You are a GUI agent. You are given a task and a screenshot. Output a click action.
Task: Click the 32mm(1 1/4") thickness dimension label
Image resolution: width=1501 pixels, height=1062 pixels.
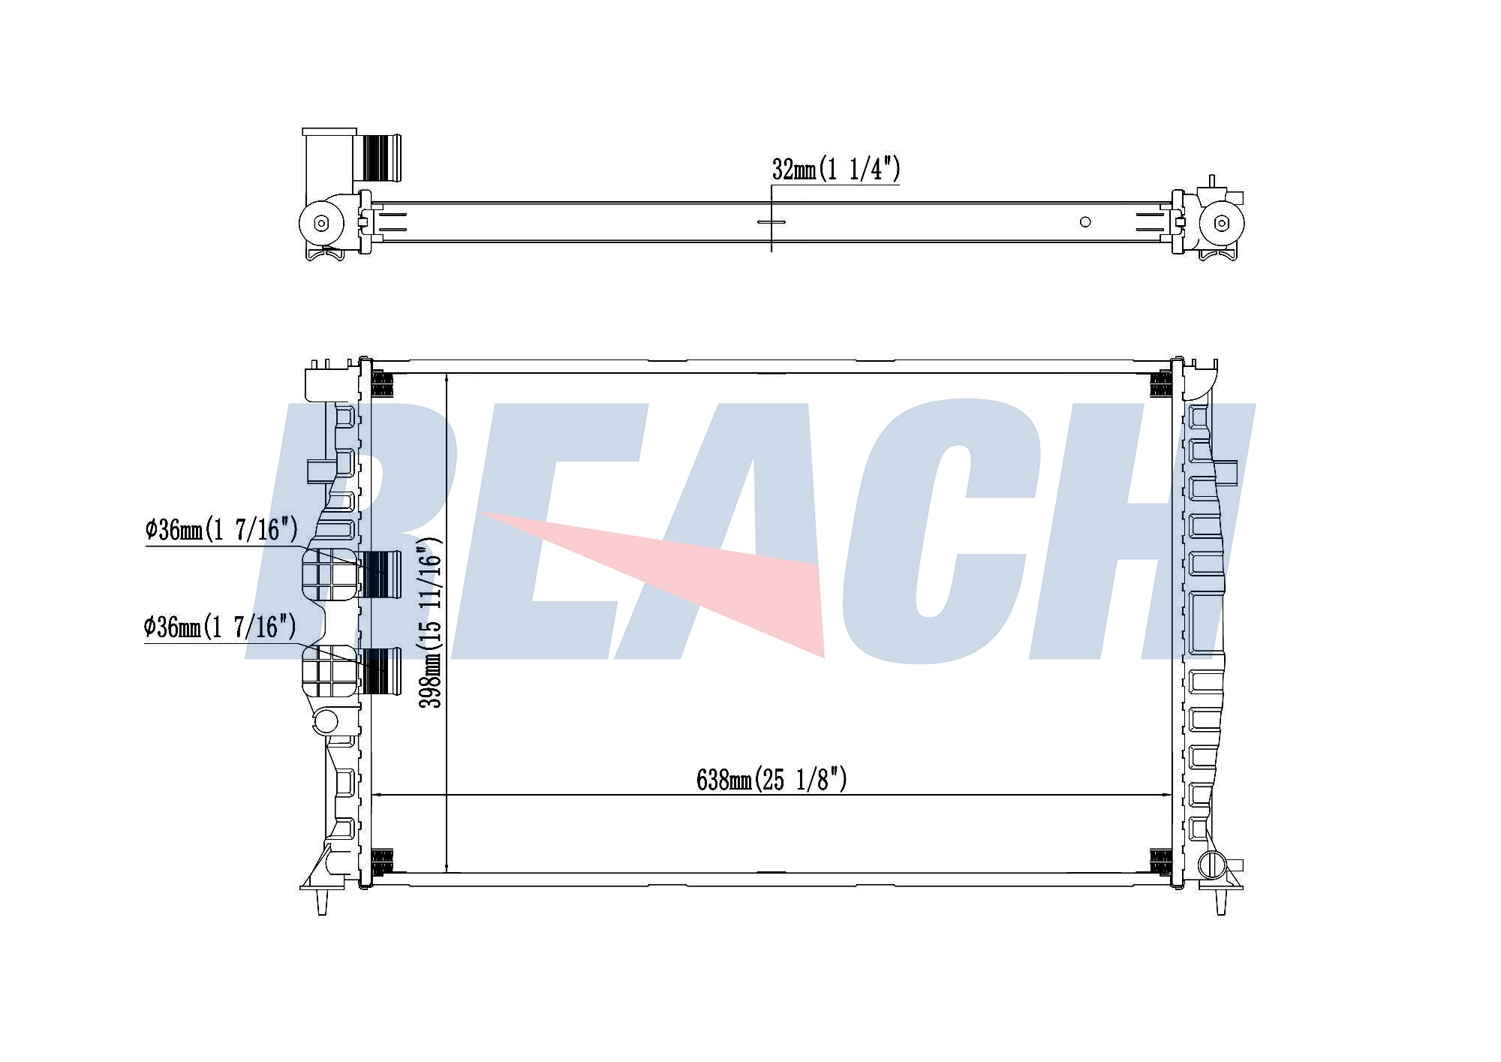(x=835, y=170)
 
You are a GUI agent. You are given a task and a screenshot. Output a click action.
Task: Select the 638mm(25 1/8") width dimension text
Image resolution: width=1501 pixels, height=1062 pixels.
(x=772, y=780)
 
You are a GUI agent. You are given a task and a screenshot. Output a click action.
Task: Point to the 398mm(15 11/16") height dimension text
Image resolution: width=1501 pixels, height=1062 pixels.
(x=431, y=622)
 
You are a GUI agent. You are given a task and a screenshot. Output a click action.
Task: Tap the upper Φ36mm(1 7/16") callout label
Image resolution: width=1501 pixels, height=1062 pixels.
(x=221, y=530)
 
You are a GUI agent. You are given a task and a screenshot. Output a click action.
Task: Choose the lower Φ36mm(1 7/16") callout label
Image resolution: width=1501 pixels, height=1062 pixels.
(x=220, y=627)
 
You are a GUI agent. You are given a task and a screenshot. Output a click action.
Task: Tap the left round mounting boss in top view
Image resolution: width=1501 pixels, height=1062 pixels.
(x=321, y=222)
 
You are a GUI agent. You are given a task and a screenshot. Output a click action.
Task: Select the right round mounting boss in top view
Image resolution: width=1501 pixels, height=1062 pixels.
(x=1222, y=223)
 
